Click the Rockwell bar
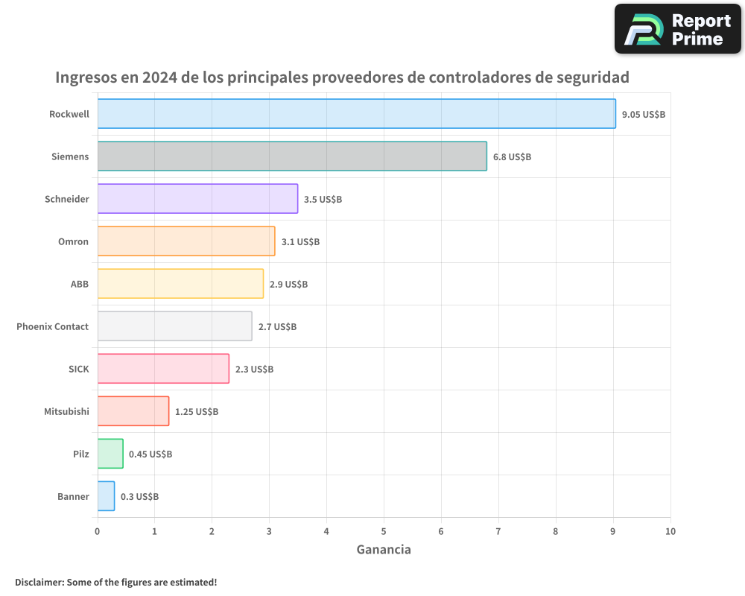coord(356,114)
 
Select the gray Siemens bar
coord(292,156)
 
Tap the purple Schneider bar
coord(197,199)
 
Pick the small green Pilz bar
coord(110,454)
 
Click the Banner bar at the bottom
coord(106,496)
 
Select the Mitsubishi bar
coord(133,411)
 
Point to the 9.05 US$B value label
coord(644,115)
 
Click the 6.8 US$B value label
coord(512,157)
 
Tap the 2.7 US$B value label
coord(277,327)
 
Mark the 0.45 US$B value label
coord(150,454)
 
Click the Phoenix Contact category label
coord(52,327)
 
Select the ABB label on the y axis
coord(79,285)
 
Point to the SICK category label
coord(78,370)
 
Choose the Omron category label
coord(73,242)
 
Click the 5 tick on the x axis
coord(384,531)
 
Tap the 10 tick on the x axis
coord(670,531)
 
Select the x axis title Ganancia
coord(384,550)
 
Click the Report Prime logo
coord(678,29)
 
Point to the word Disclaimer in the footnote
coord(39,582)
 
